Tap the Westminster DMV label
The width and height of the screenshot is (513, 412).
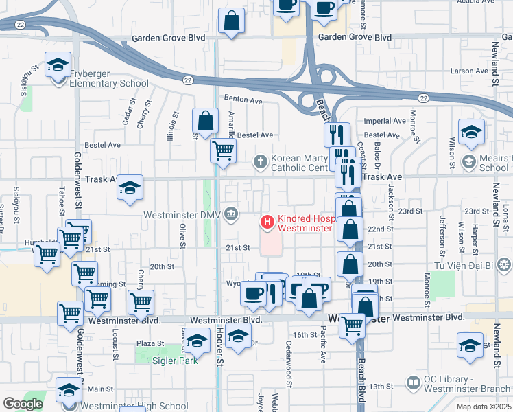click(x=181, y=215)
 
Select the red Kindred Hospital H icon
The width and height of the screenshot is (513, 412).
click(x=267, y=222)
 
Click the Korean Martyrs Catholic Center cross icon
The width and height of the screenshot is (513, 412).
click(x=260, y=162)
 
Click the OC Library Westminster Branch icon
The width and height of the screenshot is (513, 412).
click(x=414, y=381)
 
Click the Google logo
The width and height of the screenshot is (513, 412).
click(x=23, y=404)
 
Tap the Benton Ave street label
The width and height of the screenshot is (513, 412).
click(x=246, y=100)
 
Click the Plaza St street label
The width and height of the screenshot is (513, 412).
click(x=150, y=343)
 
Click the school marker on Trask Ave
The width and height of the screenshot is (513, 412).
click(x=130, y=188)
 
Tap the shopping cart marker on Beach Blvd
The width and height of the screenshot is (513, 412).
click(x=353, y=324)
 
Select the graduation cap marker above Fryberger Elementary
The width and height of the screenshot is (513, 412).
click(x=57, y=66)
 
